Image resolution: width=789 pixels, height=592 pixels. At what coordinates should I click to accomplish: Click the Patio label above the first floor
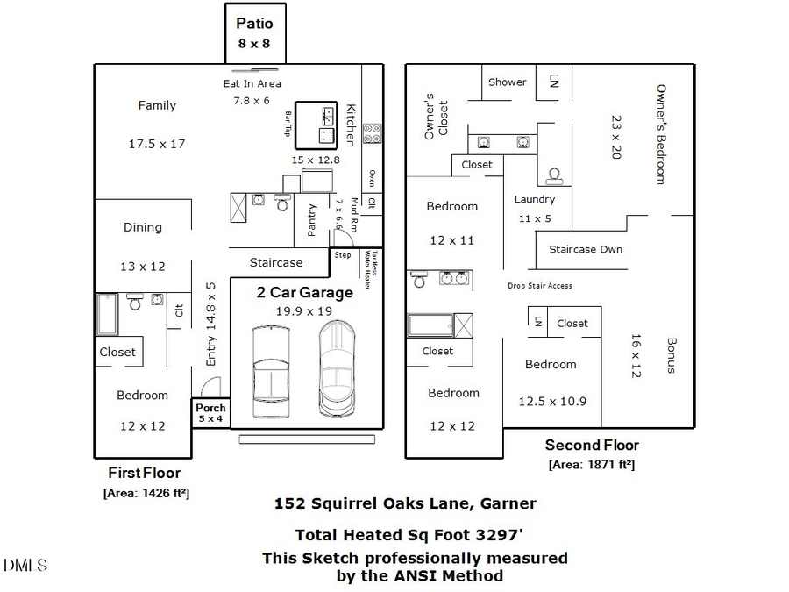[x=254, y=24]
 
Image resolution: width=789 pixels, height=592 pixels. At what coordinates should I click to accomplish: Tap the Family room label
[x=157, y=105]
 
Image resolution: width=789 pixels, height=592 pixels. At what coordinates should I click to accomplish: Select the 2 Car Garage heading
[x=304, y=292]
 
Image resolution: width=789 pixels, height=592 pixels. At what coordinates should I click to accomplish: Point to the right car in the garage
[x=338, y=367]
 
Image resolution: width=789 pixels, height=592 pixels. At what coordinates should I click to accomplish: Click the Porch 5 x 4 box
[x=210, y=413]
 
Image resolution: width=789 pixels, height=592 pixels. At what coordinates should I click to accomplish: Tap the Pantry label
[x=311, y=221]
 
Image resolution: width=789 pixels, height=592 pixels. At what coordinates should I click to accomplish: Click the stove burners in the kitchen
[x=372, y=132]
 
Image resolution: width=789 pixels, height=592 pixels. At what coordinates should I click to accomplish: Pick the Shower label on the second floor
[x=508, y=82]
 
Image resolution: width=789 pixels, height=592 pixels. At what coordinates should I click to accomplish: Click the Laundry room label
[x=534, y=199]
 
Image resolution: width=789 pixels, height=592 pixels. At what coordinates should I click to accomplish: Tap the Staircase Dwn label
[x=586, y=249]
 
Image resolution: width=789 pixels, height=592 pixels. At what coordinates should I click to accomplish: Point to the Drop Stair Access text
[x=540, y=286]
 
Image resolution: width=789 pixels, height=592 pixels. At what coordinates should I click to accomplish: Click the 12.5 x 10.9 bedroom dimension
[x=552, y=402]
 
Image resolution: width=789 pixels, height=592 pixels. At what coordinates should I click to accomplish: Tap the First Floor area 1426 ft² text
[x=146, y=493]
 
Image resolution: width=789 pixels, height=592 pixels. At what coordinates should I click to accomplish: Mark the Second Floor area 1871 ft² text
[x=592, y=465]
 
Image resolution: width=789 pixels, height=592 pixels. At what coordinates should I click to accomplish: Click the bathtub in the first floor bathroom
[x=107, y=315]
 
